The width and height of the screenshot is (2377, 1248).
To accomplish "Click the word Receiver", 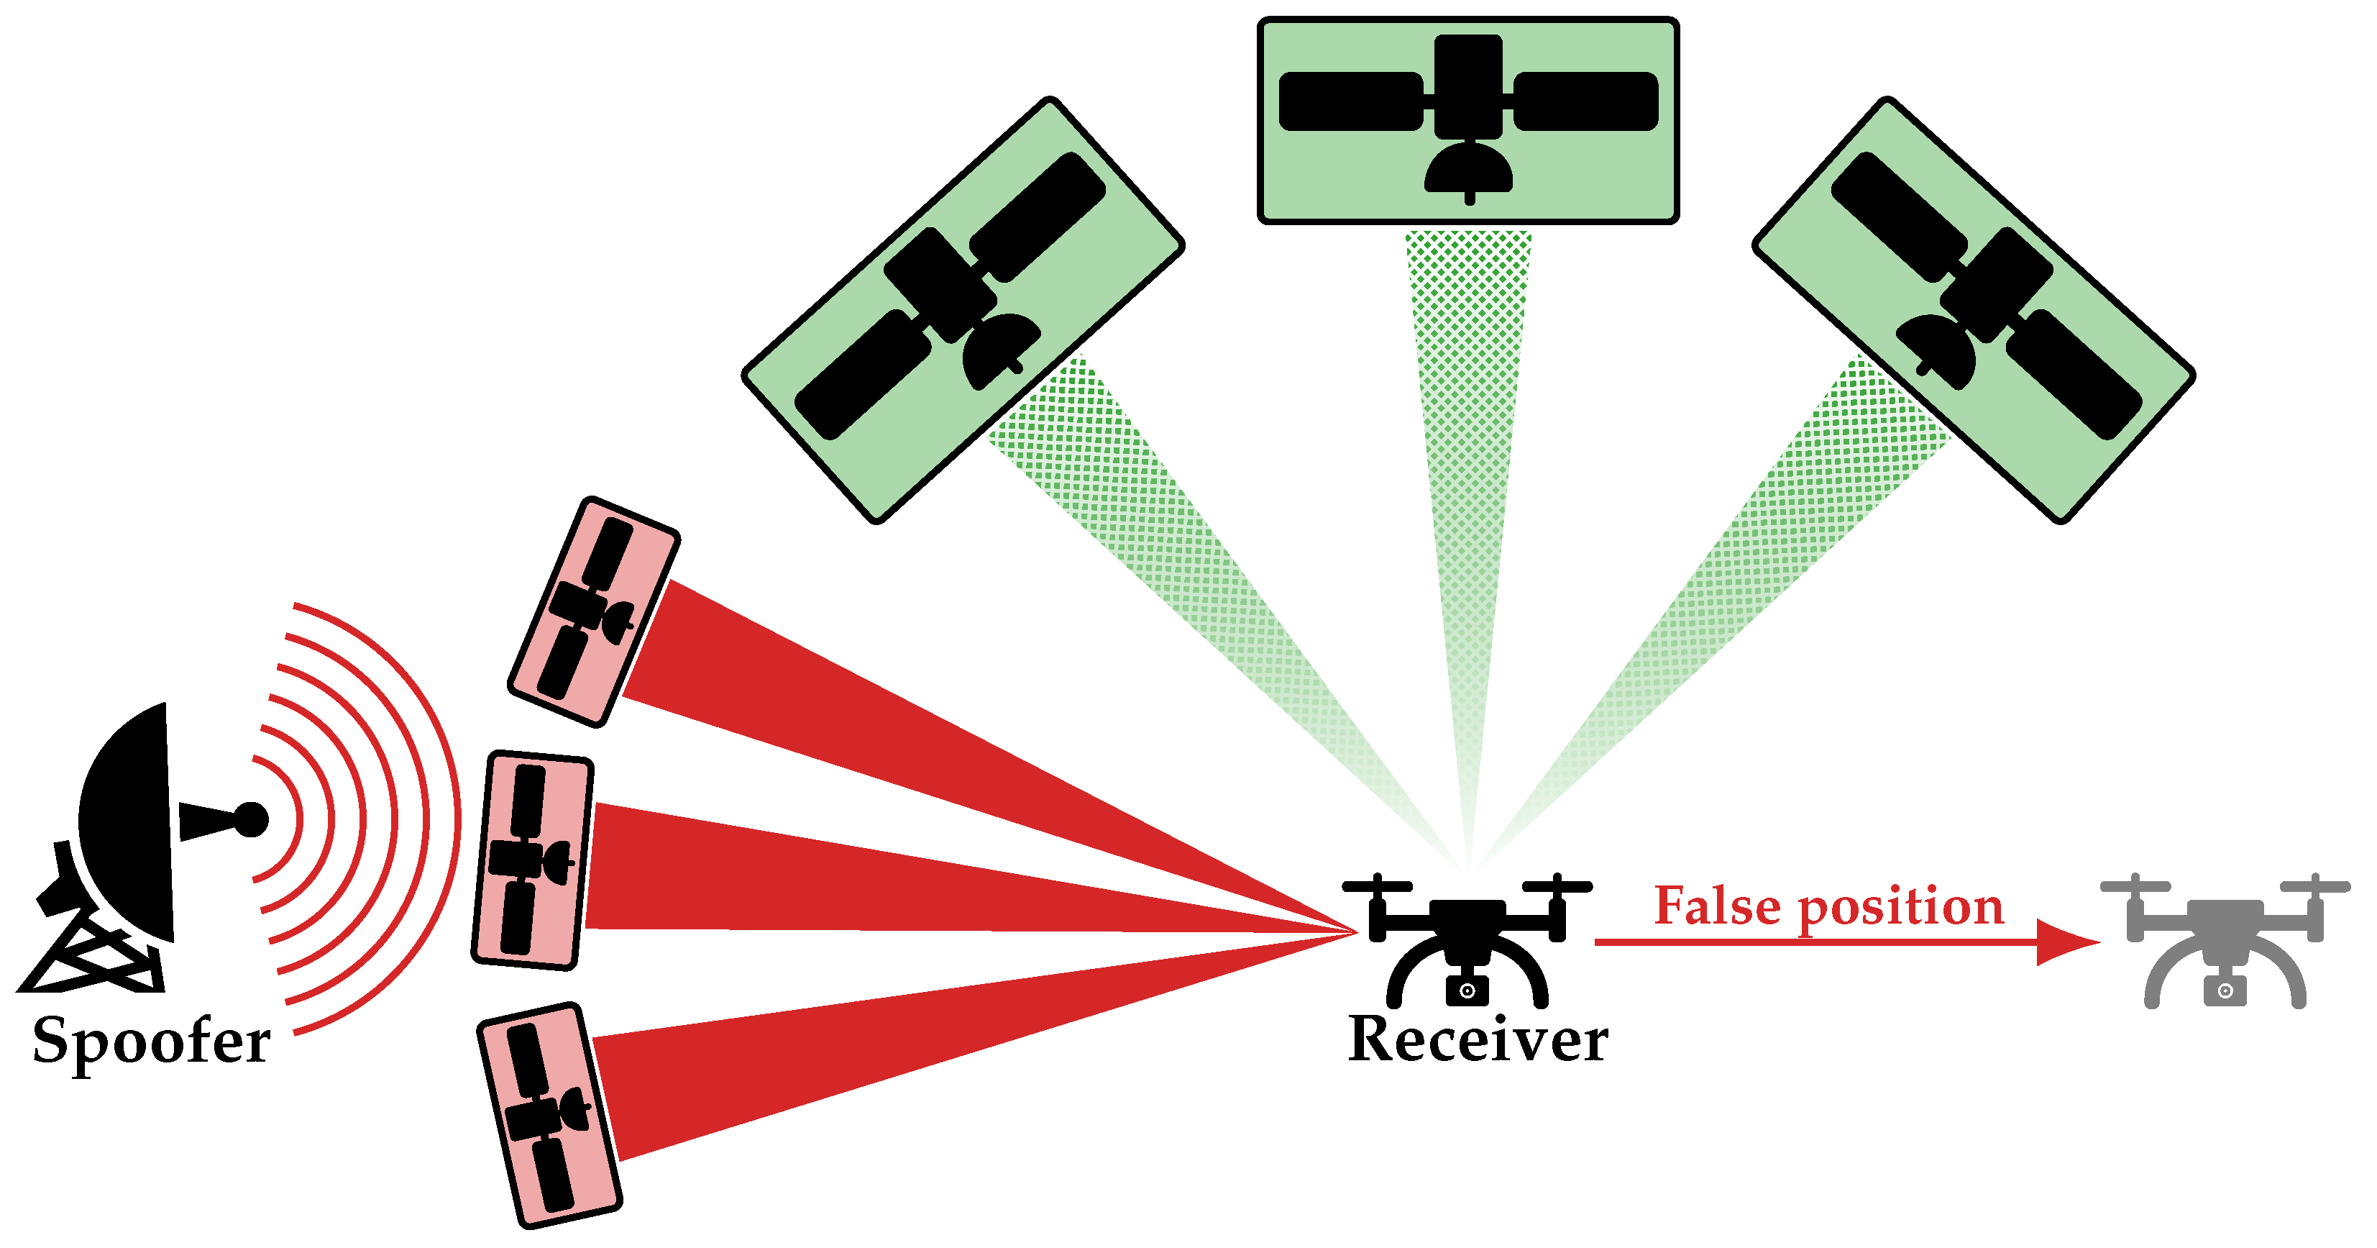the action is point(1478,1040).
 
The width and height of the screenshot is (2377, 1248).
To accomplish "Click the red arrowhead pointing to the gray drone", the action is point(2067,942).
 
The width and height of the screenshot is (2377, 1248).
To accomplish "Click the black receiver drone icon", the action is point(1467,937).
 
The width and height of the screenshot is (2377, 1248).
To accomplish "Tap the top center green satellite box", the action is point(1467,120).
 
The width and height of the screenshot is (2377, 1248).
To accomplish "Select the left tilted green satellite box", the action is point(963,309).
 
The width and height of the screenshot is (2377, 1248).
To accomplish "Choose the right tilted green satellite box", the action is point(1973,309).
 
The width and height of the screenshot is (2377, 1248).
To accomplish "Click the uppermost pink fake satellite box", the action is point(593,612).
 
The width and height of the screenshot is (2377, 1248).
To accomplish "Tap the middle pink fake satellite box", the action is point(533,860).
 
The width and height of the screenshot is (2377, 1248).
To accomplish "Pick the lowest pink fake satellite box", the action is point(549,1115).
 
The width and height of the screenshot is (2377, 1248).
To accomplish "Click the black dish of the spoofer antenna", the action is point(129,821).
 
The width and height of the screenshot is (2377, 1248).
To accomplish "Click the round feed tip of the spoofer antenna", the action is point(250,819).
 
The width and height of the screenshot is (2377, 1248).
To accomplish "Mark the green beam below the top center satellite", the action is point(1467,462).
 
